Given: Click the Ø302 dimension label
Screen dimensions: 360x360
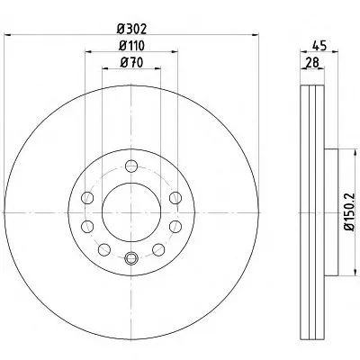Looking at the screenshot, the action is coord(131,29).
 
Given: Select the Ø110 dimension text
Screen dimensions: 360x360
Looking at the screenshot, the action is coord(131,46).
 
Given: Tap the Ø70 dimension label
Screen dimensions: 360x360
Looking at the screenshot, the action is coord(131,63).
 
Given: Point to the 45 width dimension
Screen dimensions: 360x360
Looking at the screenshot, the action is coord(319,46).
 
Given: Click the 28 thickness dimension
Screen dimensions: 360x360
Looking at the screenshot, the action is coord(312,63).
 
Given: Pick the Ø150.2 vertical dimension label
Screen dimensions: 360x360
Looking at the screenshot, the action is coord(349,211).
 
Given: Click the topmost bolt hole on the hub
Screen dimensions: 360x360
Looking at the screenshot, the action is coord(131,166).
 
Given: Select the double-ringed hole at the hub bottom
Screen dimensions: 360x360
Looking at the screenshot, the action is coord(131,258).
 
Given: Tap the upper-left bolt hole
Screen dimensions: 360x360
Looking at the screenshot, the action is coord(87,198).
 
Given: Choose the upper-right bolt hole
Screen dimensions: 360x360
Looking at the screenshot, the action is coord(175,198).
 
